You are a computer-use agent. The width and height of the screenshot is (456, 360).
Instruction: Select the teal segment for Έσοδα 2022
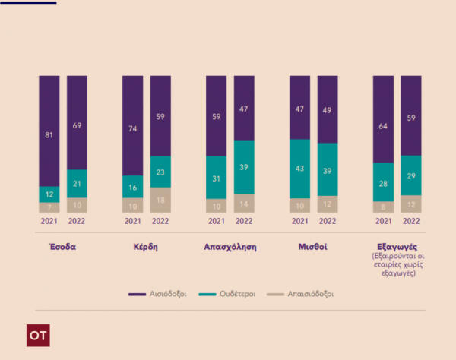78,183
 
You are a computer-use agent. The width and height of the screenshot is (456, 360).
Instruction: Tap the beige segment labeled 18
160,200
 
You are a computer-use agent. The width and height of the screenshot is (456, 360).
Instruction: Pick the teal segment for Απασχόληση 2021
217,178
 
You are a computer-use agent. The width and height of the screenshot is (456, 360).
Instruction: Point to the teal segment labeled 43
299,169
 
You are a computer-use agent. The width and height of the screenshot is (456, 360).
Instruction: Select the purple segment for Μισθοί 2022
328,109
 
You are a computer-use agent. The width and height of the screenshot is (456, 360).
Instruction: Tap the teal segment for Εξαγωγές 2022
411,175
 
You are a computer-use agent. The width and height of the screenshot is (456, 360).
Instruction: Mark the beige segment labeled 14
244,204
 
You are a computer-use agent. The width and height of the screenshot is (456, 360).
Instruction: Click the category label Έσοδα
63,247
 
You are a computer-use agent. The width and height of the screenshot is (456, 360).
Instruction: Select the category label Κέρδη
147,247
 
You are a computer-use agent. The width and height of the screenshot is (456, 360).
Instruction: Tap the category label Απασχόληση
230,247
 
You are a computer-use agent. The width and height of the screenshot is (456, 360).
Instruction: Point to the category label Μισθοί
313,247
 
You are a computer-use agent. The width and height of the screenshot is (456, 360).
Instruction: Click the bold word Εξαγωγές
397,247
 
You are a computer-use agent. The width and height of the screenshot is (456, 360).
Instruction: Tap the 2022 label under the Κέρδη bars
160,222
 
